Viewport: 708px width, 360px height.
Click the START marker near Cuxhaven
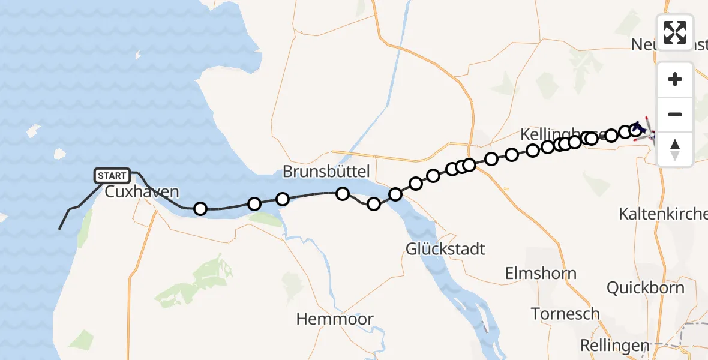click(x=112, y=175)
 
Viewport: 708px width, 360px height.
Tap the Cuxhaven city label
click(x=142, y=192)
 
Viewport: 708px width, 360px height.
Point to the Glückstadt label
click(x=445, y=248)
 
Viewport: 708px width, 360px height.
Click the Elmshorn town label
click(x=541, y=274)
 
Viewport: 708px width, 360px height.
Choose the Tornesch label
click(x=565, y=313)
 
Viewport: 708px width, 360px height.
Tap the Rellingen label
click(x=615, y=346)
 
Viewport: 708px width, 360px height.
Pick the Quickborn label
click(x=645, y=287)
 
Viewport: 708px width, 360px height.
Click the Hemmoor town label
click(x=335, y=319)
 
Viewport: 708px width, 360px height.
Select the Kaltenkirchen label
click(x=664, y=214)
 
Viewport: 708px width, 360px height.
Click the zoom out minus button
click(x=675, y=114)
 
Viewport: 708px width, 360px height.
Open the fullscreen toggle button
click(x=675, y=32)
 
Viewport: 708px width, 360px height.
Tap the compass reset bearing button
click(x=675, y=148)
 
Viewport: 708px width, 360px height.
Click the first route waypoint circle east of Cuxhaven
click(x=200, y=209)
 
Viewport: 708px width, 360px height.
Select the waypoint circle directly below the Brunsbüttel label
click(x=342, y=193)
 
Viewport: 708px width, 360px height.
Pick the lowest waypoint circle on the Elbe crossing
click(x=374, y=204)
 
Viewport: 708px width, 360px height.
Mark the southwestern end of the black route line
click(x=59, y=229)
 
